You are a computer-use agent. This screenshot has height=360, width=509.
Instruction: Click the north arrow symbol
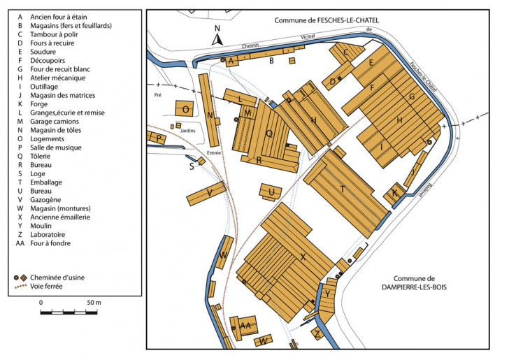(x=217, y=38)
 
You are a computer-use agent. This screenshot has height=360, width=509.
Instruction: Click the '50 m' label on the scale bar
(x=94, y=303)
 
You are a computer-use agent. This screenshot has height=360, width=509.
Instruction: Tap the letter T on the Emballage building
(x=343, y=189)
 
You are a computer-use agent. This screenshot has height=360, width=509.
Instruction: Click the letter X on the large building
(x=303, y=257)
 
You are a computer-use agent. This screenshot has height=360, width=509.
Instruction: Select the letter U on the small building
(x=271, y=191)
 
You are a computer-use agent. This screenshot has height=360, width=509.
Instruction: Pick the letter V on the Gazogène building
(x=210, y=192)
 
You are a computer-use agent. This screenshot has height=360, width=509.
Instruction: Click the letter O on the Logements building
(x=185, y=110)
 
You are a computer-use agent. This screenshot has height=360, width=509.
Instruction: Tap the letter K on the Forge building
(x=395, y=192)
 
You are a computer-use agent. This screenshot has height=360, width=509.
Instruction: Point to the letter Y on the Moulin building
(x=327, y=294)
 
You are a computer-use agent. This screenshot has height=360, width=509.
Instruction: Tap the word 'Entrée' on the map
(x=214, y=152)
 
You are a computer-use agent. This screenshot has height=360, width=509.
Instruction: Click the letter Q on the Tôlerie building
(x=268, y=133)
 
